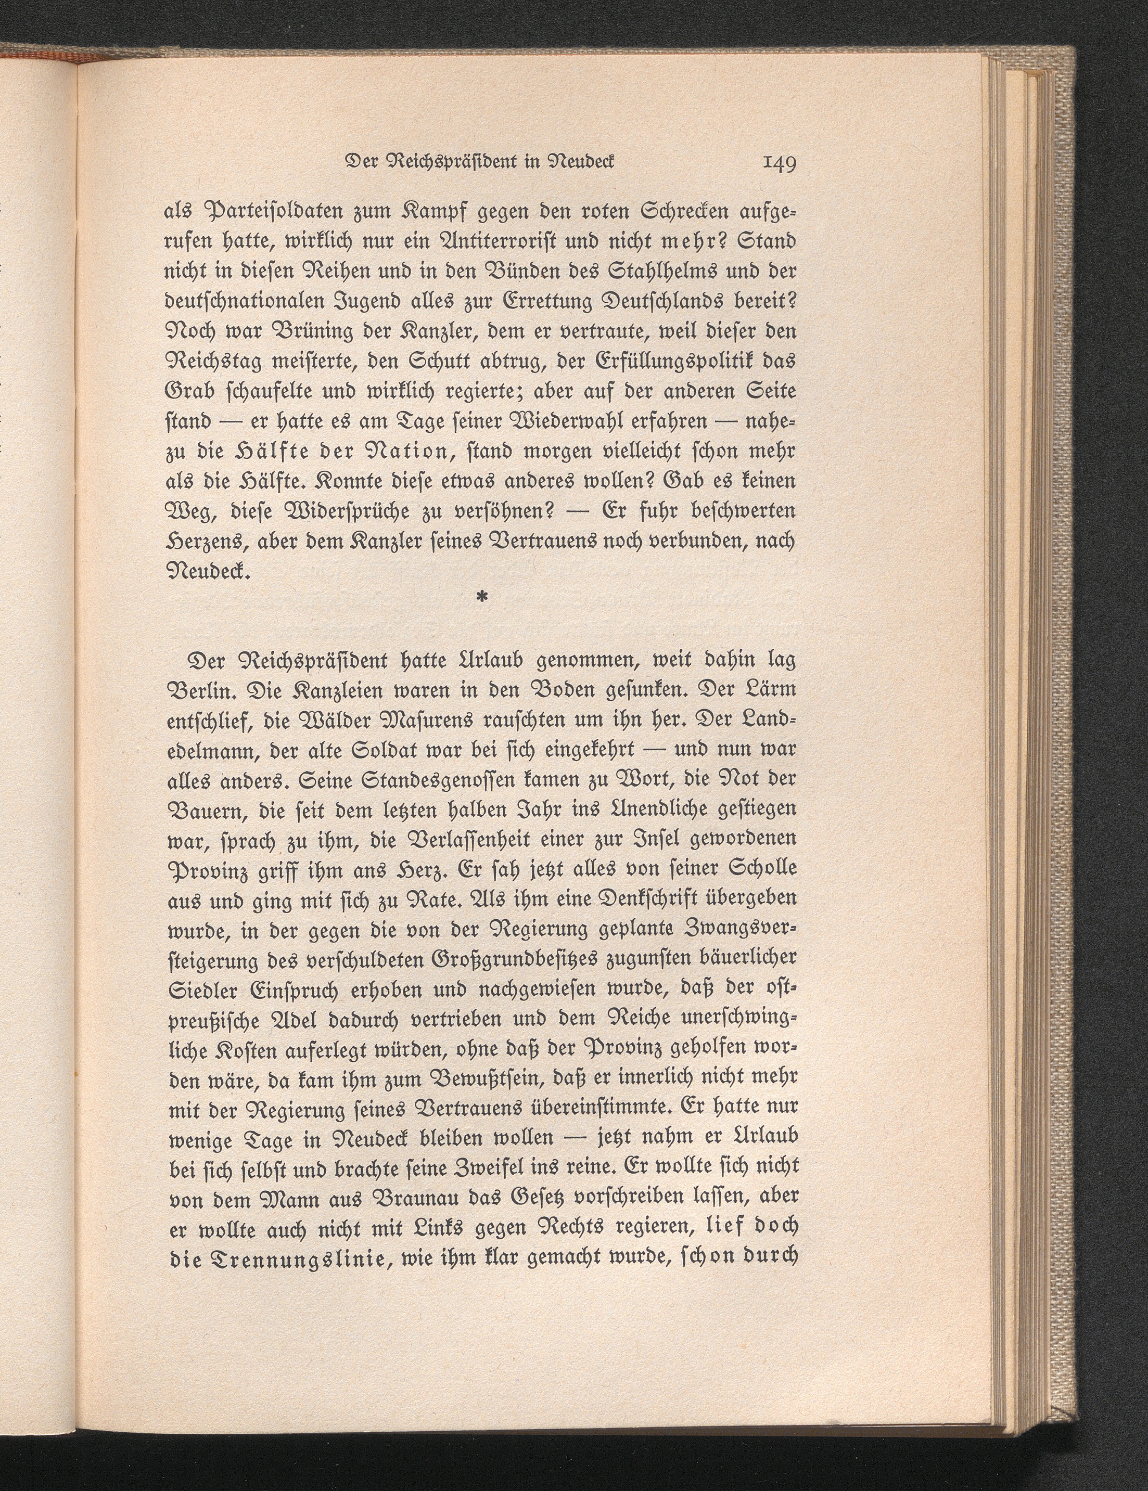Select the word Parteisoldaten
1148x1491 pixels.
tap(273, 214)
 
